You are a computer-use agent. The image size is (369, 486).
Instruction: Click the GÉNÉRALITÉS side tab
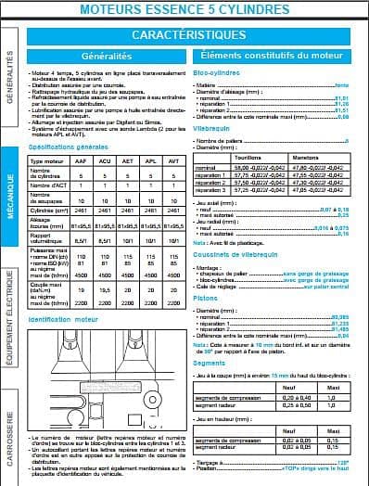point(10,84)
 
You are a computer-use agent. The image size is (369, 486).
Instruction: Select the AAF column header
point(83,161)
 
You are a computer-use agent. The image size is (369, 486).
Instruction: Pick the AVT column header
point(173,161)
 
